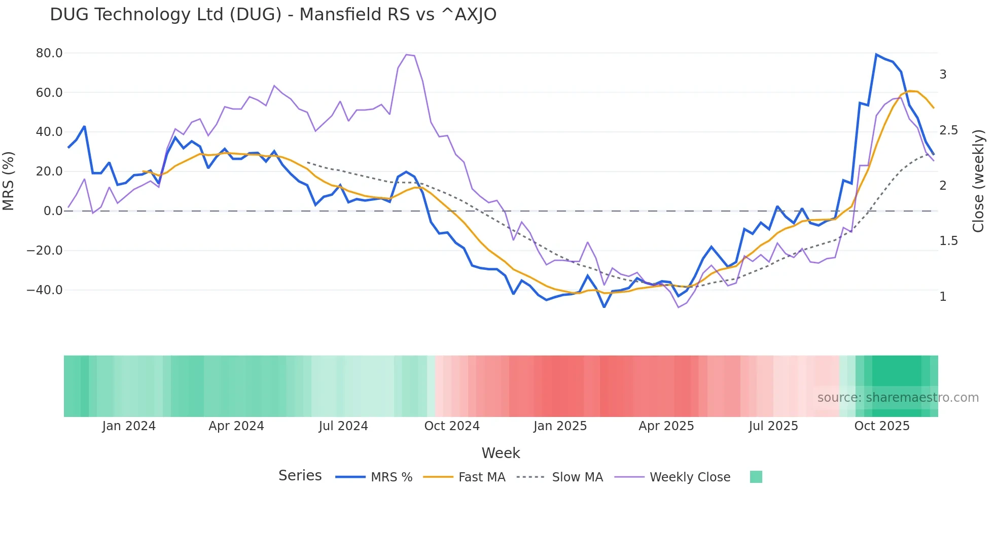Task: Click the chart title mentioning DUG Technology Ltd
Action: (x=273, y=14)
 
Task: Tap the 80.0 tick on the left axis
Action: (x=49, y=53)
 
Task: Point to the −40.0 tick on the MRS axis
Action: (x=45, y=290)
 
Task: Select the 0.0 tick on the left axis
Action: (x=53, y=211)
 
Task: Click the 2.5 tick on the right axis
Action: (x=948, y=130)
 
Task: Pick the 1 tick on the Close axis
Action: (x=943, y=297)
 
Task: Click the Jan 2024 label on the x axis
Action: (x=129, y=426)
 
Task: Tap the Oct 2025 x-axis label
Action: (x=882, y=426)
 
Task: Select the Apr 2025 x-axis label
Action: (x=666, y=426)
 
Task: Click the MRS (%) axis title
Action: (x=9, y=181)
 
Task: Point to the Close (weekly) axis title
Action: (x=978, y=181)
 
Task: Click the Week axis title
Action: (x=501, y=453)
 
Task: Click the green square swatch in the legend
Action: (x=756, y=477)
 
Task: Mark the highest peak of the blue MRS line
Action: (x=876, y=54)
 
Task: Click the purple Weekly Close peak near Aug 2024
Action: (x=407, y=54)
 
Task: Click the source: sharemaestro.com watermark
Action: (x=898, y=398)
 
